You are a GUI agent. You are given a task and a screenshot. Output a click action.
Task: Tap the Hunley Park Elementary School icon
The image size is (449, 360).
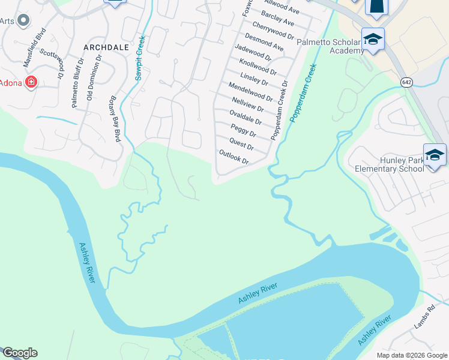[x=435, y=155]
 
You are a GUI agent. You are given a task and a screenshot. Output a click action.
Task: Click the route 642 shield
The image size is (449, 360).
[x=407, y=82]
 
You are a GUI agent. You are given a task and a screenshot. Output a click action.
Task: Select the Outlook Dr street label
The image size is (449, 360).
[x=234, y=158]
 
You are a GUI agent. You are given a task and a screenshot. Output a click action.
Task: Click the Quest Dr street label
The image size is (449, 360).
[x=241, y=144]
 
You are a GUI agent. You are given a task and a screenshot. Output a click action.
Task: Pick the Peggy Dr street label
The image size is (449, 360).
[x=244, y=130]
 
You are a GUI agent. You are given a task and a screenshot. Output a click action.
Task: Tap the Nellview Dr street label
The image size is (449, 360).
[x=247, y=104]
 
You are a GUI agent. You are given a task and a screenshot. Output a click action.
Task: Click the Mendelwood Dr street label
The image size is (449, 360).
[x=250, y=91]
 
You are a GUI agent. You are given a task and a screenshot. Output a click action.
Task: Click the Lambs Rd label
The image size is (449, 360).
[x=423, y=319]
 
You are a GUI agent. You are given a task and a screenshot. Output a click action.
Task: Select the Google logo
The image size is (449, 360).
[x=20, y=353]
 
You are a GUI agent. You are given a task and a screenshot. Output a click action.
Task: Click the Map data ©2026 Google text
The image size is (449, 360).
[x=411, y=355]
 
